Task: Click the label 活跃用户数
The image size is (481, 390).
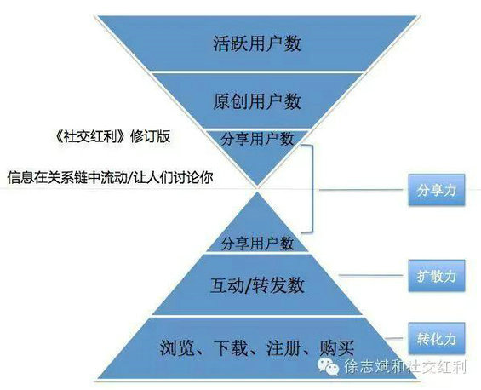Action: point(257,43)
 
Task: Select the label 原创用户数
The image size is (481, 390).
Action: point(257,101)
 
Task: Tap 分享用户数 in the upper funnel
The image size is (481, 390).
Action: point(257,139)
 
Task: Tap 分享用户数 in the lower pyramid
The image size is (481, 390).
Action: point(257,244)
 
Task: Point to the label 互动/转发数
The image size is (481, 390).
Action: point(257,285)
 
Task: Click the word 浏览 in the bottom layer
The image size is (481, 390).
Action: point(177,347)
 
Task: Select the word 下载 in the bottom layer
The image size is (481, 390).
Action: point(231,347)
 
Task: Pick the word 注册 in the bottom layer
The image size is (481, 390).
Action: point(283,347)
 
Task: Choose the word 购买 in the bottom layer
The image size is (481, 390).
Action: point(337,347)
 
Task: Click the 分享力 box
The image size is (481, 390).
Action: point(437,190)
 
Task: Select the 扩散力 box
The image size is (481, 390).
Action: point(437,276)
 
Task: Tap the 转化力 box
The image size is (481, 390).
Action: point(437,338)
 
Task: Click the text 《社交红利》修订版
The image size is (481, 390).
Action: point(112,136)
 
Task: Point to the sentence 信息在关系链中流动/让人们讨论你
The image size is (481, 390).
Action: point(111,177)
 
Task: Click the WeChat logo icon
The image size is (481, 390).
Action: point(329,366)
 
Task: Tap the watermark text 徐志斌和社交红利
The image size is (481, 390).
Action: point(405,367)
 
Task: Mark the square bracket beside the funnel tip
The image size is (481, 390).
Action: point(312,188)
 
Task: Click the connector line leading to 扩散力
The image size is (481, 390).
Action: point(371,275)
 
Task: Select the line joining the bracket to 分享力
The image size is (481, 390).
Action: point(361,190)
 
